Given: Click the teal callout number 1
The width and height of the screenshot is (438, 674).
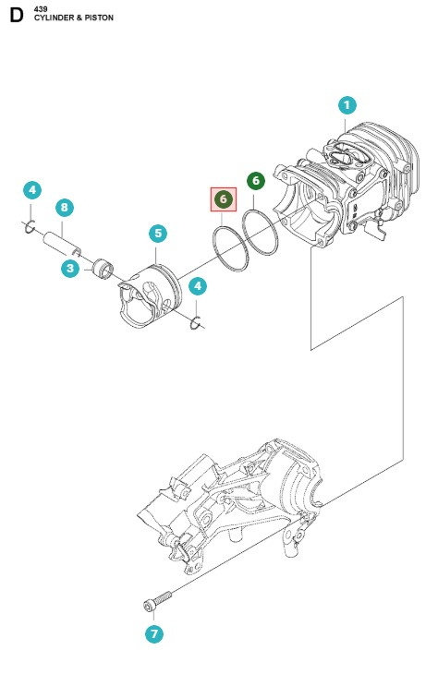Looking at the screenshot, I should pyautogui.click(x=347, y=105).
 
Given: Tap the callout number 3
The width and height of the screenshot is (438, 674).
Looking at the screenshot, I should pyautogui.click(x=70, y=269).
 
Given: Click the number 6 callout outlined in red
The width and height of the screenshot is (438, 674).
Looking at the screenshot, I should pyautogui.click(x=223, y=199).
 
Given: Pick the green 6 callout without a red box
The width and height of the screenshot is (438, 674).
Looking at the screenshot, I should pyautogui.click(x=256, y=182).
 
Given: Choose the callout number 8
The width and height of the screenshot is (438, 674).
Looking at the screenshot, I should pyautogui.click(x=63, y=208).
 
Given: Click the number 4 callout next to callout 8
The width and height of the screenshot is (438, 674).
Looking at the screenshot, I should pyautogui.click(x=31, y=191).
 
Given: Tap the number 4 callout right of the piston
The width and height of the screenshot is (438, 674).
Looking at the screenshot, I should pyautogui.click(x=198, y=287).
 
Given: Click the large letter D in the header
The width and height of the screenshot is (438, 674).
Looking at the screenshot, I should pyautogui.click(x=15, y=16).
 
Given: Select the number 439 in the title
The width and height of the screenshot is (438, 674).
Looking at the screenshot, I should pyautogui.click(x=42, y=8).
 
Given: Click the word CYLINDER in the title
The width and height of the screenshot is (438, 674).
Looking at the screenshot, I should pyautogui.click(x=55, y=18).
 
